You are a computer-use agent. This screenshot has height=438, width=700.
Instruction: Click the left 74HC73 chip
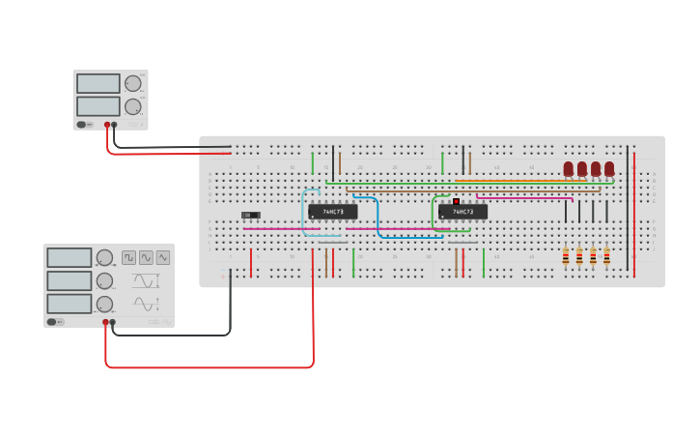point(332,212)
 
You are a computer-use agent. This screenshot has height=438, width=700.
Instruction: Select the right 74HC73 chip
point(462,212)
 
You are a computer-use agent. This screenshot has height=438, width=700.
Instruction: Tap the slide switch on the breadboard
point(250,215)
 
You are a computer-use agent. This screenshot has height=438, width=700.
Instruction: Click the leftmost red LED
point(569,169)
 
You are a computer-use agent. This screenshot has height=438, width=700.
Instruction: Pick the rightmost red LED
point(609,169)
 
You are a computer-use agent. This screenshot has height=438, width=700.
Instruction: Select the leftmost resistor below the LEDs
point(566,256)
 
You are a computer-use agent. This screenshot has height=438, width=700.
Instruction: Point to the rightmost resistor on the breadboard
point(606,256)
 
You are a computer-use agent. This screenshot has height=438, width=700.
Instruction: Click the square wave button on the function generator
point(129,257)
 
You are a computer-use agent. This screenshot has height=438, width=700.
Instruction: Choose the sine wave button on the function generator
point(162,257)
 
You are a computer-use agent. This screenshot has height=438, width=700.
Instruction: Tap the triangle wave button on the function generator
point(146,257)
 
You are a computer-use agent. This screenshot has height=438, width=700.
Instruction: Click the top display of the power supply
point(98,84)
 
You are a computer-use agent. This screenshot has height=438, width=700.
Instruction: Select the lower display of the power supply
point(98,105)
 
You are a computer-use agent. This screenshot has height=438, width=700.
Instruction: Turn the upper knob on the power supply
point(132,84)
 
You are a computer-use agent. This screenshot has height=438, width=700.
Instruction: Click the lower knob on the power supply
point(132,106)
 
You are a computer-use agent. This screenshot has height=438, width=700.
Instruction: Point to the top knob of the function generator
point(104,257)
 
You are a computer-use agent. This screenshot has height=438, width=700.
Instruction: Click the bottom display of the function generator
point(70,304)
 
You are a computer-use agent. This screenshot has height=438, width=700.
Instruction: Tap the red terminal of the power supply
point(107,125)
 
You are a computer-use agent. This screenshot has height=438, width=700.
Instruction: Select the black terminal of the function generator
point(113,322)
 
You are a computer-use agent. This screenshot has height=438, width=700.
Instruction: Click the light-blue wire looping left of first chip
point(304,213)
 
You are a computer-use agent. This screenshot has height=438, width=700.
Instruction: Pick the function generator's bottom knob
point(104,304)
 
